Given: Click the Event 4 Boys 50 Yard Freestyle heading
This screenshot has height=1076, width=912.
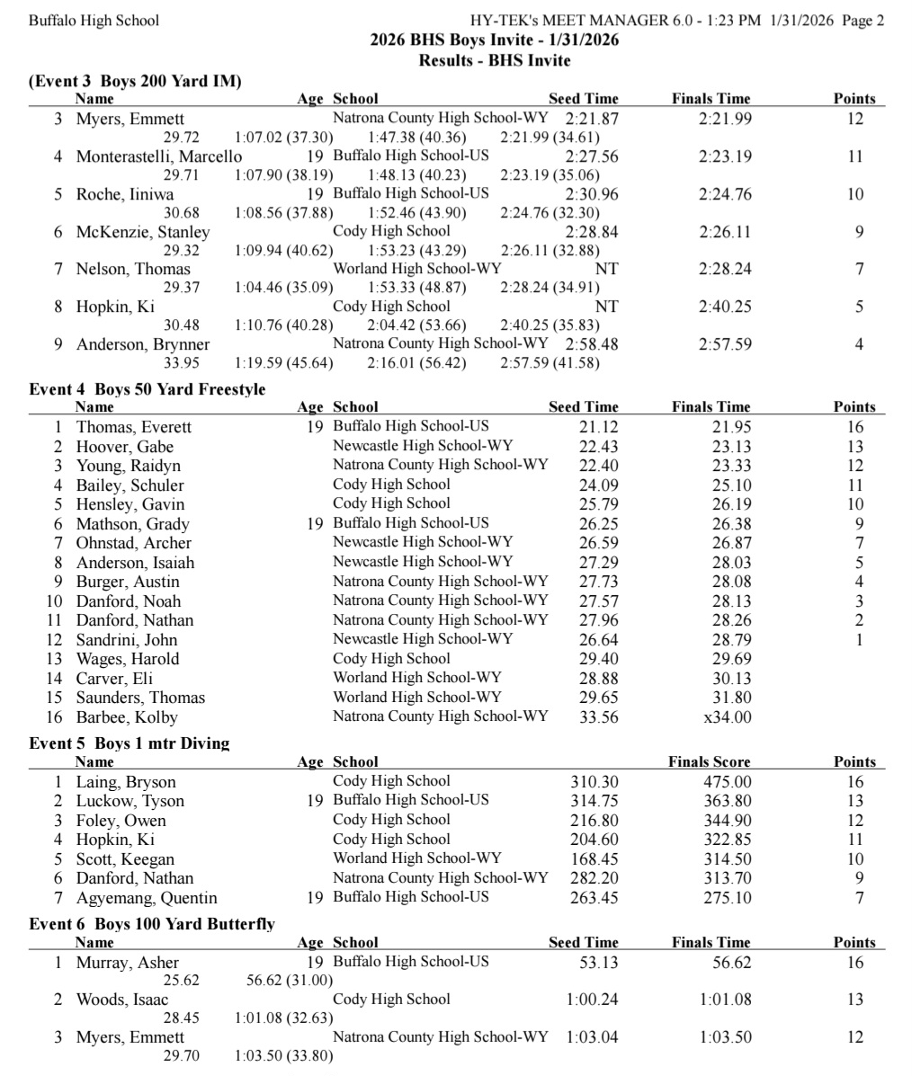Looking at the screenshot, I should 147,389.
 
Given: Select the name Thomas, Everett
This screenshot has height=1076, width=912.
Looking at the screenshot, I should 133,428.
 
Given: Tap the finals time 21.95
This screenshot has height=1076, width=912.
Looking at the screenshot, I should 731,428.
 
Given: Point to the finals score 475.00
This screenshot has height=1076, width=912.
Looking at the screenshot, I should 728,782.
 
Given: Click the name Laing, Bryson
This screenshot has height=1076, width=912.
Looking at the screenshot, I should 126,782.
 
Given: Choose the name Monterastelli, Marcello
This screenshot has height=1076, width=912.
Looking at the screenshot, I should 159,156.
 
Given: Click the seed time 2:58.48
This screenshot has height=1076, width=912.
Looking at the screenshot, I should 592,344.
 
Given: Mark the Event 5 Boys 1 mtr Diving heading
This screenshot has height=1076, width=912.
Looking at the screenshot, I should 129,743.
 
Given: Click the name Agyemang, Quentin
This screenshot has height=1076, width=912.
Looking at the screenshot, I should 147,898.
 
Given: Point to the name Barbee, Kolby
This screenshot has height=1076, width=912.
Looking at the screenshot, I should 127,717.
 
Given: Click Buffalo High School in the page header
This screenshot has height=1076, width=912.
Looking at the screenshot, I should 94,20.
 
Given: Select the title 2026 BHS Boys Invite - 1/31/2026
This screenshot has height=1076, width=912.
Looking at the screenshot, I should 494,40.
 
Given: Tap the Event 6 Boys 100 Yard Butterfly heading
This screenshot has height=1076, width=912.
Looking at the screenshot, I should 152,924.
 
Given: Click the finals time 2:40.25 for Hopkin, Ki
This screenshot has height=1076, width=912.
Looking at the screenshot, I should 725,307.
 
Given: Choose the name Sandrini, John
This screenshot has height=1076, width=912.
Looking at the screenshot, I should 126,640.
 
